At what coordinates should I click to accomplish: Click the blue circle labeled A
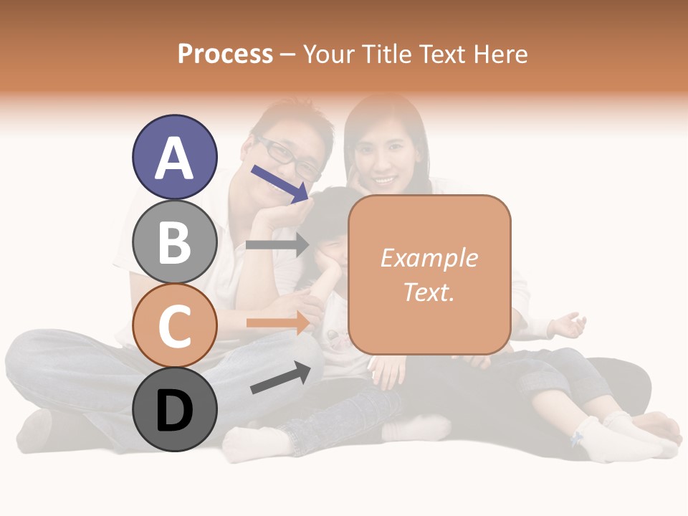174,157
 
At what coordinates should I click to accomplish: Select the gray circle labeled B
174,242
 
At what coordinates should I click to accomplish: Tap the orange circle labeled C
174,325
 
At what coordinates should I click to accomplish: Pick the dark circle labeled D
174,409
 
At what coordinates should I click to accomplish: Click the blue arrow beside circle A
279,182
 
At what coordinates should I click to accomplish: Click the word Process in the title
225,54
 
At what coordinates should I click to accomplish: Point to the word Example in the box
429,258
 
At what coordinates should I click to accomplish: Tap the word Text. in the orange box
429,292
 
